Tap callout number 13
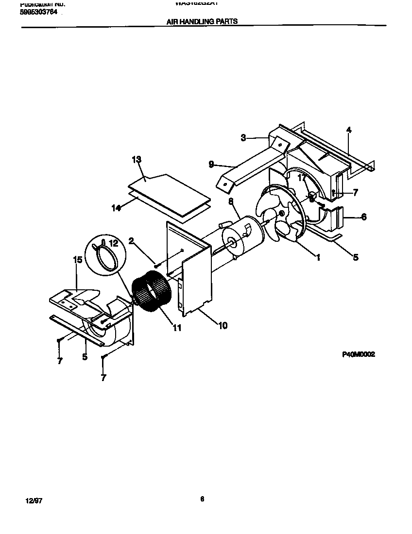coord(136,159)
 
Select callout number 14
coord(116,207)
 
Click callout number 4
coord(349,130)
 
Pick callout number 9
coord(211,165)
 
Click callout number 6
coord(364,217)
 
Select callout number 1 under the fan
coord(318,258)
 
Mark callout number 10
coord(223,325)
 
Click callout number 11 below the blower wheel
coord(177,328)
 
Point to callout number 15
coord(78,260)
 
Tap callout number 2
coord(131,240)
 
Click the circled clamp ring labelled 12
coord(106,253)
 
